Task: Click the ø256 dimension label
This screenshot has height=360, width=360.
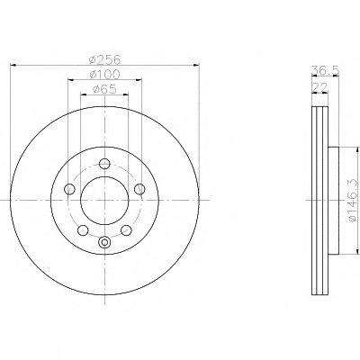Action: coord(104,59)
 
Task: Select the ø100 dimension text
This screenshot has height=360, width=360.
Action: coord(104,75)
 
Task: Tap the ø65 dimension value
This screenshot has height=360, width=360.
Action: coord(104,89)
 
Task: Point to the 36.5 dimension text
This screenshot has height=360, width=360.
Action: coord(325,70)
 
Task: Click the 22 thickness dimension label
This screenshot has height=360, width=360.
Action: coord(319,87)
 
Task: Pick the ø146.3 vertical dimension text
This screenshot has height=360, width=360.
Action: coord(353,201)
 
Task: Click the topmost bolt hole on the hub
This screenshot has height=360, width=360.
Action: coord(104,164)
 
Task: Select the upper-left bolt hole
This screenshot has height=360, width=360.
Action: coord(69,189)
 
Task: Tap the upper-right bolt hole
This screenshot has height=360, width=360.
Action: coord(139,189)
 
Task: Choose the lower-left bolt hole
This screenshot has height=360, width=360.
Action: coord(83,230)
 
